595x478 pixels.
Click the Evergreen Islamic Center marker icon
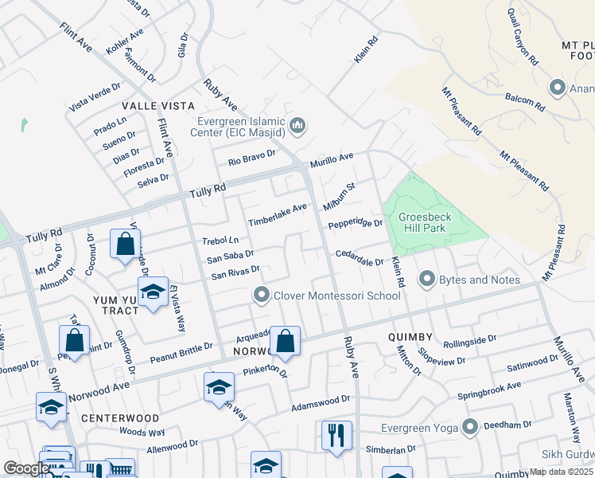coord(298,126)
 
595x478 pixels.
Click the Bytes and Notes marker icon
coord(427,279)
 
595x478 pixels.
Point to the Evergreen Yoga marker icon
coord(472,427)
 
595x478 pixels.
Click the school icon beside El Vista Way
coord(153,292)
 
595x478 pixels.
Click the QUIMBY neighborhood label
coord(410,337)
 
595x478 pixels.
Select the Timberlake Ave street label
coord(278,214)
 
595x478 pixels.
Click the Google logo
coord(26,468)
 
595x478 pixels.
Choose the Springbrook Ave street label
coord(489,390)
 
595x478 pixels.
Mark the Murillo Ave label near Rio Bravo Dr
coord(332,159)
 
